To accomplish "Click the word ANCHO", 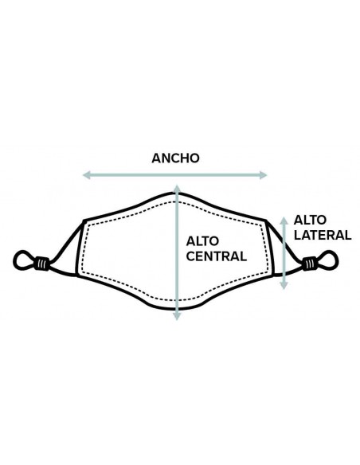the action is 175,158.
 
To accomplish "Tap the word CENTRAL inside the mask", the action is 216,256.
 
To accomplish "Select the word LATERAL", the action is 323,235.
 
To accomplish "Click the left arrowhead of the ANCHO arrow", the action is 86,175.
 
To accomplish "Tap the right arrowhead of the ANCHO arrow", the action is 264,175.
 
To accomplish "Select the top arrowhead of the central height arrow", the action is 177,189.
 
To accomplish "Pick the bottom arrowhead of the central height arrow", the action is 177,316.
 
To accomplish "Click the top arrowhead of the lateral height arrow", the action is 284,221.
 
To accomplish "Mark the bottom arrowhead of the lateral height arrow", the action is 284,286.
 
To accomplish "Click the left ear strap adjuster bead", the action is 41,263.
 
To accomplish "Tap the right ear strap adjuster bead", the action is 309,264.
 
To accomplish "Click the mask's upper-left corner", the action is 84,221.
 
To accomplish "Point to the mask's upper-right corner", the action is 266,221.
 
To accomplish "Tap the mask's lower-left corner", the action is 78,275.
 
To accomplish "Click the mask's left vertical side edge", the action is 80,248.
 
